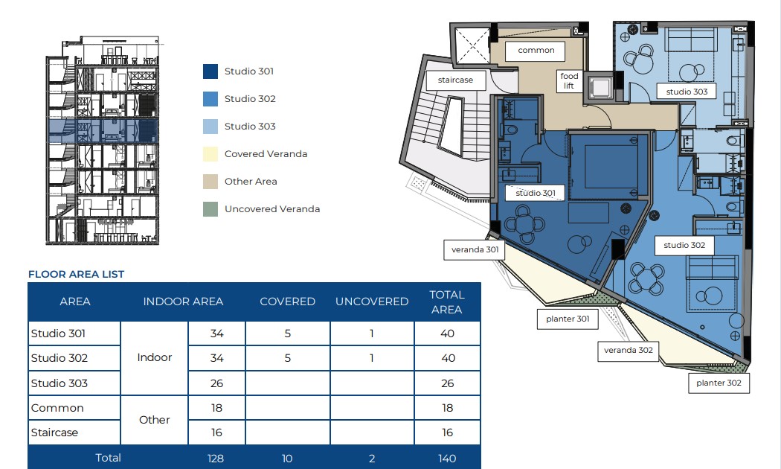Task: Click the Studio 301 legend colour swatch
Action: coord(210,71)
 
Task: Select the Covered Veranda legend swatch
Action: coord(210,154)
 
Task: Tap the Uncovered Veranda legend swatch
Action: coord(210,209)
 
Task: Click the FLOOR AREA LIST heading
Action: coord(76,274)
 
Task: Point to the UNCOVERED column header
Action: coord(372,301)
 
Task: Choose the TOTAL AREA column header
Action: coord(447,302)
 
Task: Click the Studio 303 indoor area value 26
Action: coord(216,383)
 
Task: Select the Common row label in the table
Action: coord(57,408)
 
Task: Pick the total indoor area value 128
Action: coord(216,459)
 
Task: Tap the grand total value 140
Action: coord(447,459)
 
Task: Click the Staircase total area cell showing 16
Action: coord(447,433)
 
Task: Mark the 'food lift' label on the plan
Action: coord(569,80)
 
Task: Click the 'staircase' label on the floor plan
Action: coord(456,80)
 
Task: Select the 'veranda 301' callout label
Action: coord(475,249)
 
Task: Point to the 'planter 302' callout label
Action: coord(719,383)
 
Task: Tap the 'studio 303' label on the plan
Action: coord(687,92)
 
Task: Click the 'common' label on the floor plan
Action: coord(536,51)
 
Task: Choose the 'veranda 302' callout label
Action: coord(628,351)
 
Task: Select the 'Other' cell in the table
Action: coord(155,420)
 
